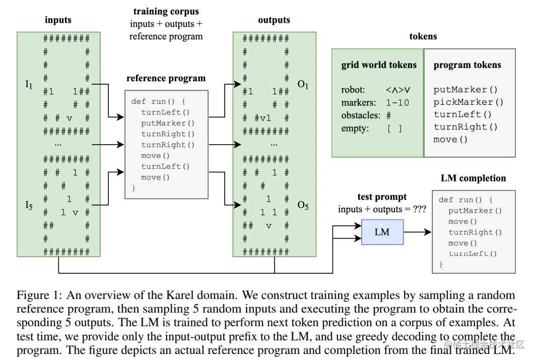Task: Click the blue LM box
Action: tap(382, 232)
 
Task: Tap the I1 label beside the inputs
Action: tap(29, 84)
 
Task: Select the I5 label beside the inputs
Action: tap(29, 205)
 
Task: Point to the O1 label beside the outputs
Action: tap(303, 84)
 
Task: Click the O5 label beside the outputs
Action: tap(303, 205)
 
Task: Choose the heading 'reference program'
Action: tap(166, 78)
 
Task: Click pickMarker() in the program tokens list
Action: tap(469, 102)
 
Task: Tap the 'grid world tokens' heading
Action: tap(379, 65)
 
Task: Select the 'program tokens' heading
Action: tap(467, 65)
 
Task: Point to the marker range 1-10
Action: tap(397, 102)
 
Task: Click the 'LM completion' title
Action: tap(473, 178)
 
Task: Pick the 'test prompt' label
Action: tap(382, 197)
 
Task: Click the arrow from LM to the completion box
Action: tap(417, 232)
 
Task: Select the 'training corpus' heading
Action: tap(166, 11)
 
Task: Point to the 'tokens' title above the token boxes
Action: tap(423, 36)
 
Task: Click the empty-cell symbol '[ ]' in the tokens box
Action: tap(394, 128)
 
